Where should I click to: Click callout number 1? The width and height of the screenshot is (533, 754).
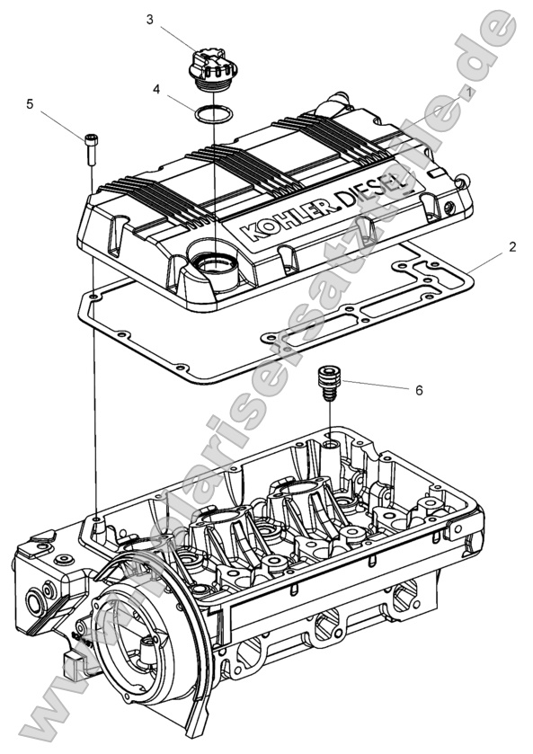click(468, 93)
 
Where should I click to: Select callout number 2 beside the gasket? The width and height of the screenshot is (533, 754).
click(511, 245)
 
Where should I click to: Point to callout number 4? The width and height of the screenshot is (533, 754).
click(156, 90)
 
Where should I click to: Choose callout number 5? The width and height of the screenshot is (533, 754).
click(30, 104)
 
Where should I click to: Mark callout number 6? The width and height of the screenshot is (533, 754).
click(419, 390)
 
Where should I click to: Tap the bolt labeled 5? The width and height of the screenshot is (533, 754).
click(90, 147)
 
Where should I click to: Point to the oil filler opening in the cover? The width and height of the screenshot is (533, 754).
click(214, 264)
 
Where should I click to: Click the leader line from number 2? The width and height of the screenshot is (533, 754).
click(485, 261)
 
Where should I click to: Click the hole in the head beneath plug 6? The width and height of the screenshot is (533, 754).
click(332, 444)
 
